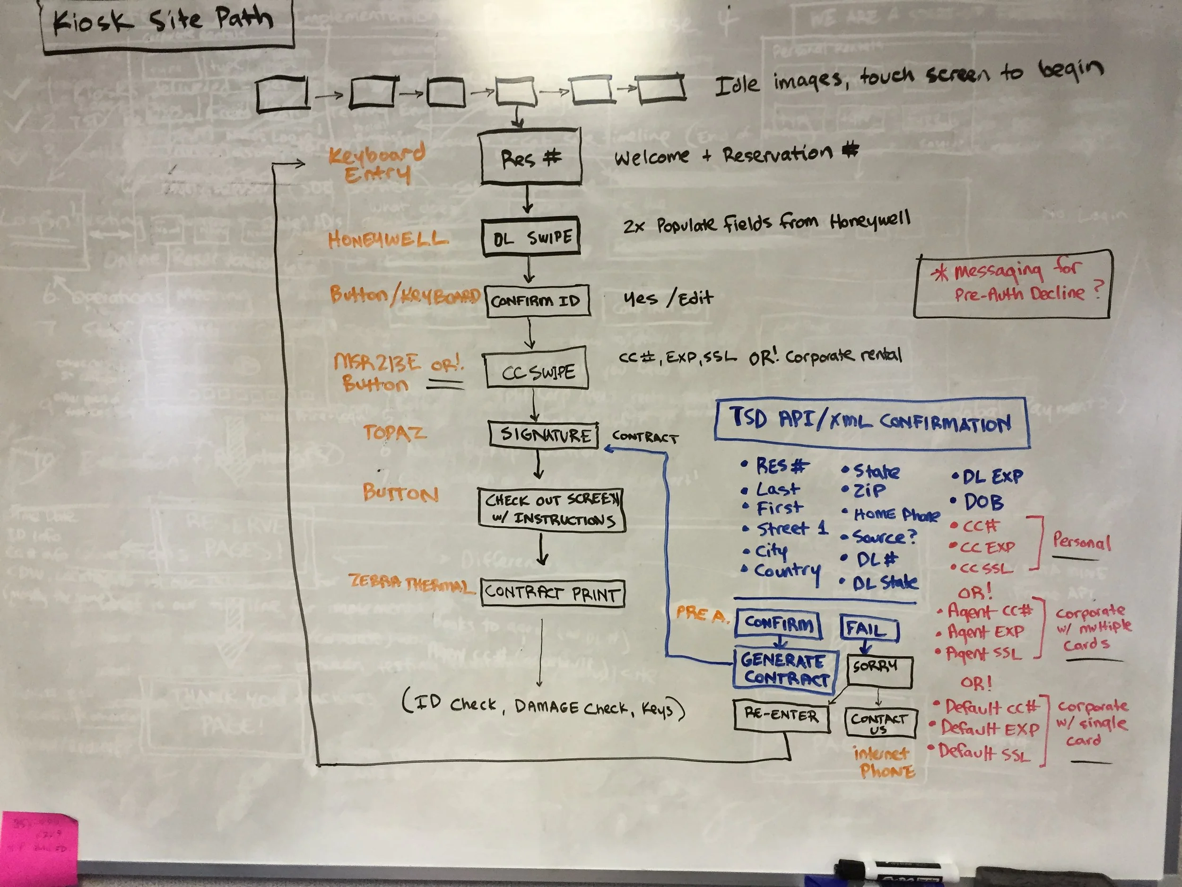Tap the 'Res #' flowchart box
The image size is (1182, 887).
click(x=530, y=157)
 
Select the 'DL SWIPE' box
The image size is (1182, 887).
click(x=530, y=237)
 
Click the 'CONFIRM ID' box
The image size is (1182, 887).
click(x=537, y=300)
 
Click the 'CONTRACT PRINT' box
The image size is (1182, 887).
click(x=552, y=592)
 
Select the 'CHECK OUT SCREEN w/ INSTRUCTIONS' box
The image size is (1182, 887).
click(x=551, y=509)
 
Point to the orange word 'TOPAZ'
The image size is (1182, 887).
click(x=395, y=432)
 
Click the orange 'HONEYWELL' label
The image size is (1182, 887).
click(x=387, y=239)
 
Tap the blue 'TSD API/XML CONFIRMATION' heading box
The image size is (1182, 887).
click(x=871, y=423)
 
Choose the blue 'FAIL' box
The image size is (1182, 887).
click(x=869, y=628)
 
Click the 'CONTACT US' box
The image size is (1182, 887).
click(x=879, y=722)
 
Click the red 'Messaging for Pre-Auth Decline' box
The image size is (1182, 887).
click(x=1013, y=284)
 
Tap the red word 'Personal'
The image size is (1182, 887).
click(x=1082, y=542)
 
